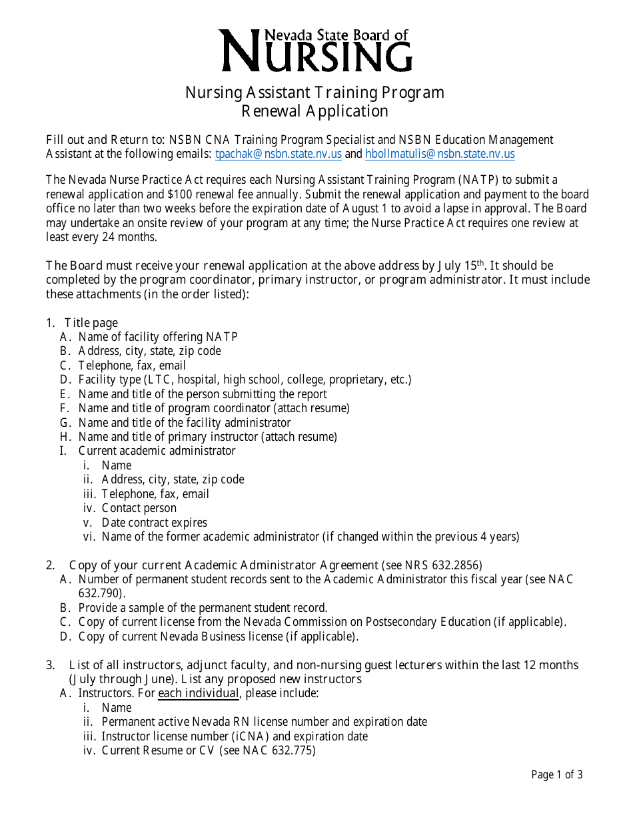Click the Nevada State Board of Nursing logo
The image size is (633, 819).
pos(316,50)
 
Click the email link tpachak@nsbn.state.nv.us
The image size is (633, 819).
pos(279,154)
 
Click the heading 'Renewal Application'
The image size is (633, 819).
pos(315,111)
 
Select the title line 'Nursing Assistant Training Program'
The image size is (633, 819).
pos(315,92)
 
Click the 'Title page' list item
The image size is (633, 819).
pos(91,323)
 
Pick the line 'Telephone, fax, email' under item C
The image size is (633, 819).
pos(132,366)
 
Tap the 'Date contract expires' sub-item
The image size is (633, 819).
pos(154,523)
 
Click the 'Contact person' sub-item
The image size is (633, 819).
pos(139,508)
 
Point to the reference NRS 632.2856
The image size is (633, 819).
pos(442,565)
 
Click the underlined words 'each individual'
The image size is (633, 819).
pos(198,693)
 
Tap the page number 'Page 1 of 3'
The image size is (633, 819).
pos(557,774)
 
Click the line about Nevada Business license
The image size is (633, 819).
pos(218,636)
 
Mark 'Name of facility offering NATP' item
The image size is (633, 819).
pos(158,337)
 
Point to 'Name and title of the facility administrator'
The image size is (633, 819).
pos(185,422)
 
